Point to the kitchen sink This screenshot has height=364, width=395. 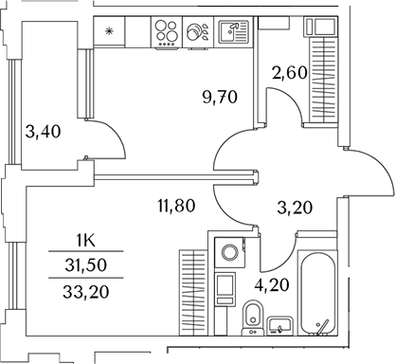(x=232, y=32)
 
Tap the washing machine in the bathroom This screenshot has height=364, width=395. (x=226, y=253)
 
